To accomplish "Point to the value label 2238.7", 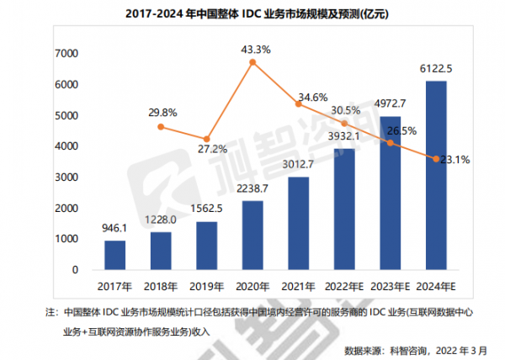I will [252, 188].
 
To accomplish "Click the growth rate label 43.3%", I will [255, 50].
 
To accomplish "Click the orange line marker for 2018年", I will [162, 127].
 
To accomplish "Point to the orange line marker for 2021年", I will [299, 103].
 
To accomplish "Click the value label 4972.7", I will [392, 105].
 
